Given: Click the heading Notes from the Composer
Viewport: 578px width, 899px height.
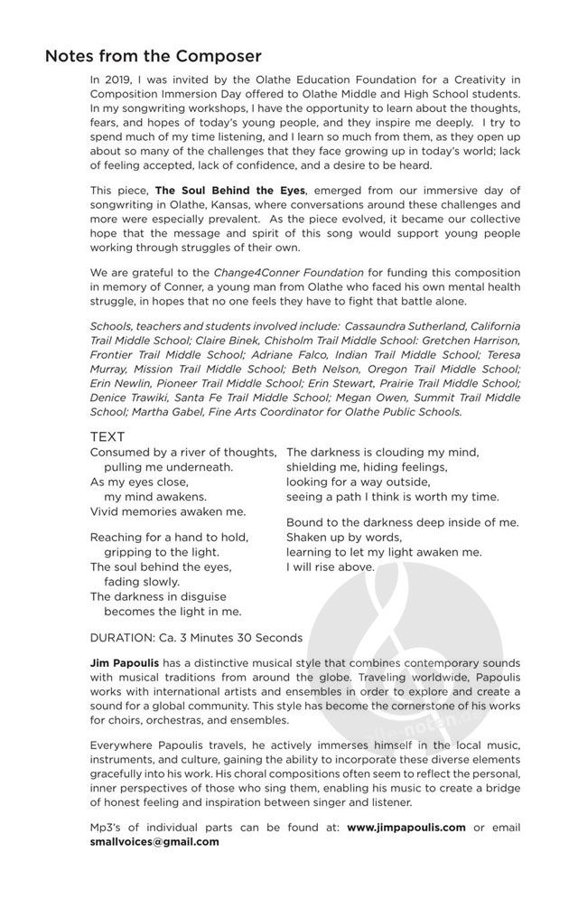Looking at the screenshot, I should pos(154,56).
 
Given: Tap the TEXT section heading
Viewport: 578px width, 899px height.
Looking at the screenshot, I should pos(107,436).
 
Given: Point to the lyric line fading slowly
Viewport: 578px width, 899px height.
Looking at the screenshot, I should pos(142,581).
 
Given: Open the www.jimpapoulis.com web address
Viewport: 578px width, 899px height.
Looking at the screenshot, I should pos(407,827).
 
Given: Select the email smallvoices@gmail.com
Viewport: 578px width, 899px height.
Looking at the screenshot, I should pos(154,841).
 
